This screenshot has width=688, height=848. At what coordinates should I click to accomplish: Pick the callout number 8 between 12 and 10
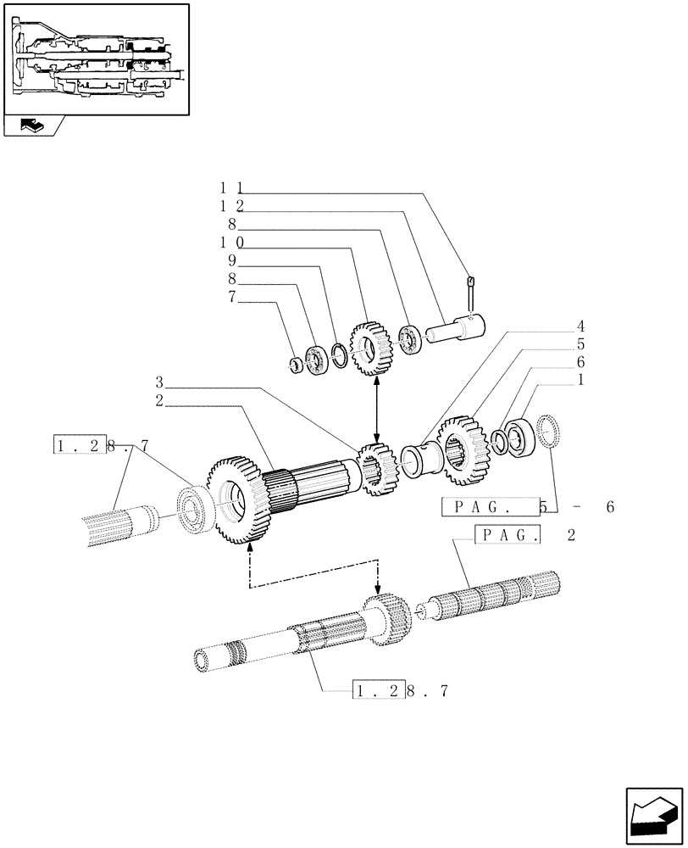coord(230,226)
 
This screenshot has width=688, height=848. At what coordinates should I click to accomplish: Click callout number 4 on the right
coord(582,326)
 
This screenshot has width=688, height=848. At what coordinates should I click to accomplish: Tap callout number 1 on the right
coord(582,381)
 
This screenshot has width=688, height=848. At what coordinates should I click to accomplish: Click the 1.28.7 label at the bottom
coord(397,691)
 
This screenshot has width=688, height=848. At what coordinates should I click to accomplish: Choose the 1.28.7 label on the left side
coord(102,445)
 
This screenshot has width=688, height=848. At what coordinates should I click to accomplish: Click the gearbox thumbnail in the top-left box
coord(96,59)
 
